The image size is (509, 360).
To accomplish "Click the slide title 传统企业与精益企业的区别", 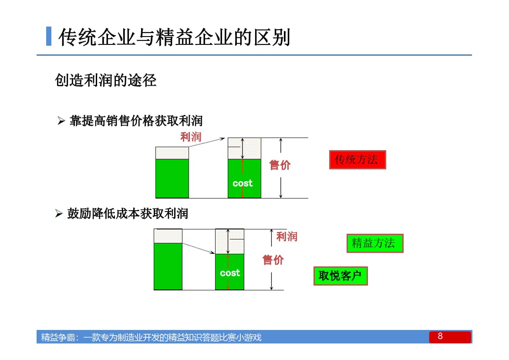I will (x=174, y=37).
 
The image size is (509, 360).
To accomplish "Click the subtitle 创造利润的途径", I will (x=106, y=80).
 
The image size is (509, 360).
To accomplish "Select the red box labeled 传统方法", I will (x=357, y=160).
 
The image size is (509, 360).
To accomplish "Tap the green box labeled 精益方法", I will (x=374, y=243).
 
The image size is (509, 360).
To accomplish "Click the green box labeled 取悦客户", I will (x=340, y=276).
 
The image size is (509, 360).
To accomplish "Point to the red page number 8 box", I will (x=450, y=337).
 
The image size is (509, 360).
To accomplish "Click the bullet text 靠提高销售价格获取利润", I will (x=136, y=121).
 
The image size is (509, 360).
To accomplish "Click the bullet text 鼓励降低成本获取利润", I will (x=127, y=213).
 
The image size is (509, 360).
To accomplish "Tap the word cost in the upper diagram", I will (x=243, y=183).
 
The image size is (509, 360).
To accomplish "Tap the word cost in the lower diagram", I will (x=230, y=273).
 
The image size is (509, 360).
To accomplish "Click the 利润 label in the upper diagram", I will (x=191, y=137).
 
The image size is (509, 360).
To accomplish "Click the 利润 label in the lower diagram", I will (x=287, y=237).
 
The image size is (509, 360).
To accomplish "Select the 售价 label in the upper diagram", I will (x=280, y=165).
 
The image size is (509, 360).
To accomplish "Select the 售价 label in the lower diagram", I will (x=273, y=260).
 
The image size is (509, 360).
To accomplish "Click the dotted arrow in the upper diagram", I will (x=207, y=143).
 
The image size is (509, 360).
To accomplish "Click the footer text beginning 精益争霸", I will (x=151, y=337).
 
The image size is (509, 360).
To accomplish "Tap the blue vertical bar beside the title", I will (x=49, y=37).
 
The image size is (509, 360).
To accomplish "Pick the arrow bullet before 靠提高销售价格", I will (x=61, y=121).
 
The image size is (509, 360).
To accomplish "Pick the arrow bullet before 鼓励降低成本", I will (x=59, y=214).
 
